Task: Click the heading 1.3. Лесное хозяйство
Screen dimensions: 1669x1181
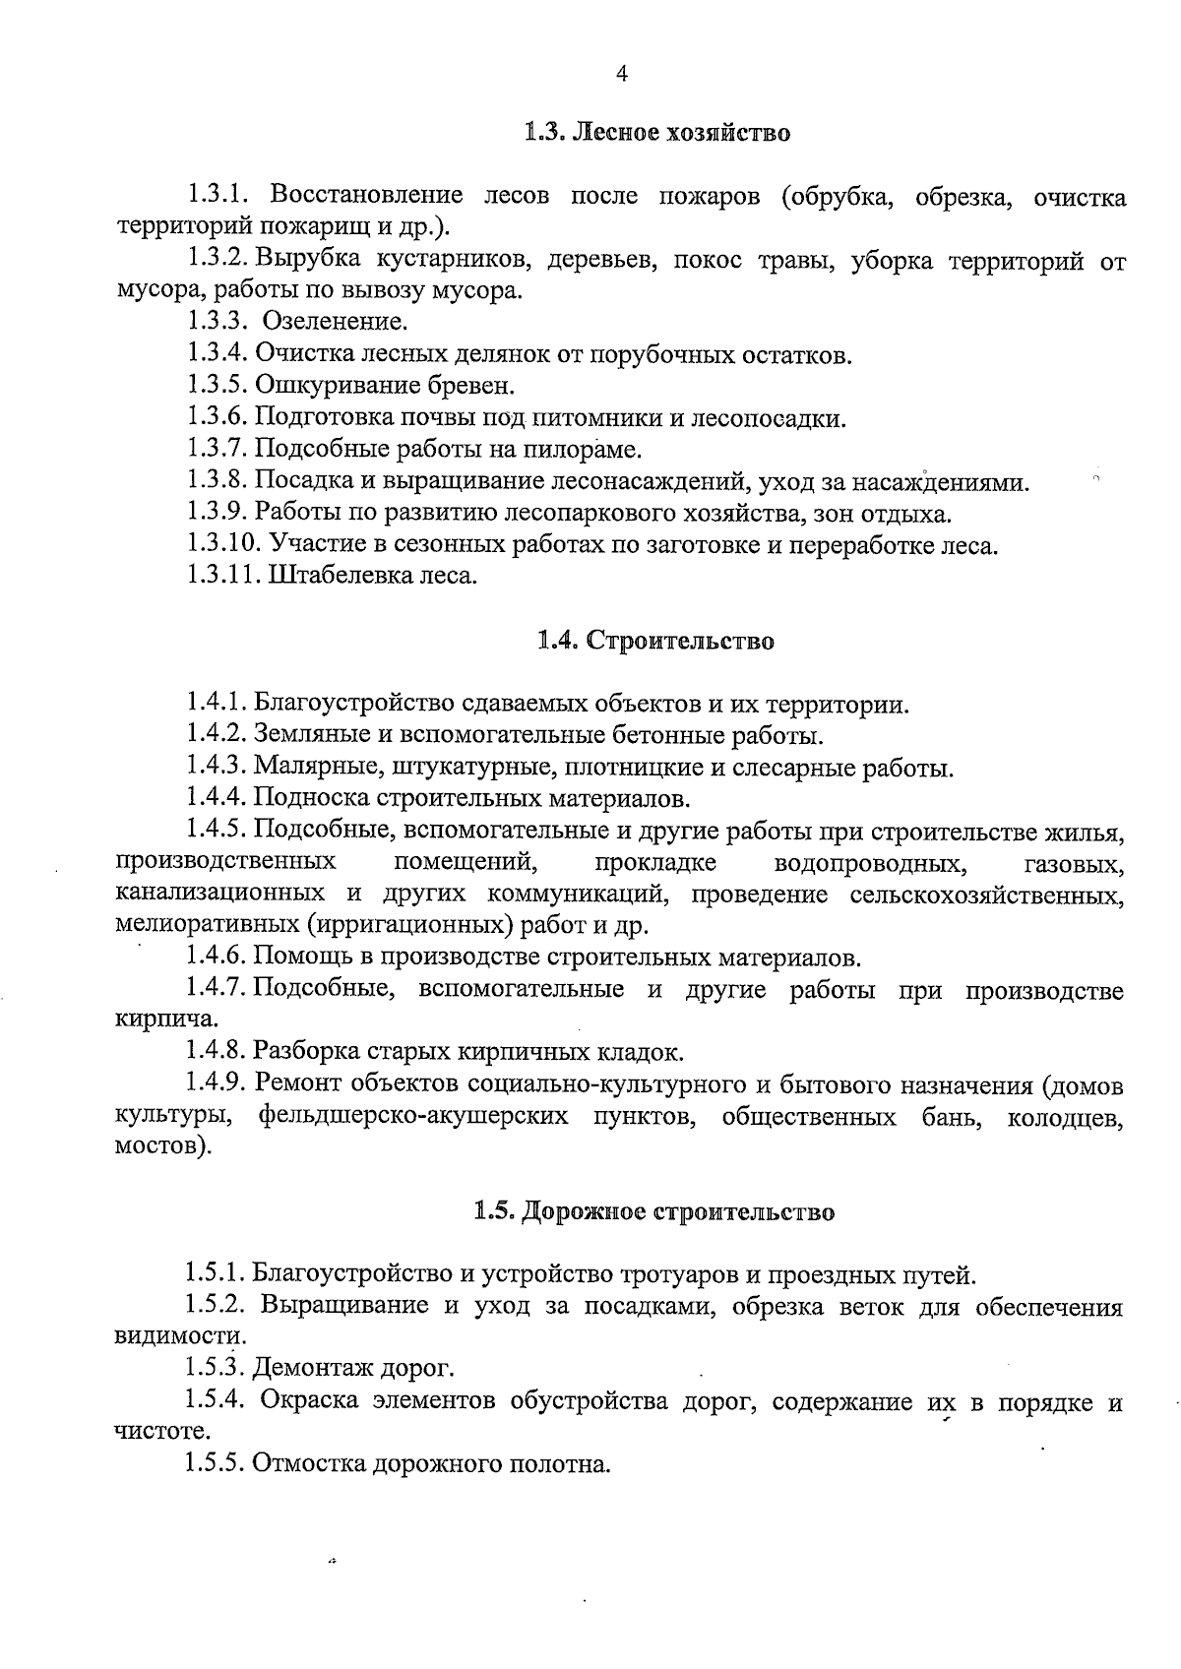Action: click(656, 132)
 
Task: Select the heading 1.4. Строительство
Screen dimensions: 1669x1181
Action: click(655, 641)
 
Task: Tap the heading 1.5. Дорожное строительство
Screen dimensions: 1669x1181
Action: click(654, 1211)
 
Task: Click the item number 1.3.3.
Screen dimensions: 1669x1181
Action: click(216, 322)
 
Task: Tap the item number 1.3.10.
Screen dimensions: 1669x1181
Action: click(222, 544)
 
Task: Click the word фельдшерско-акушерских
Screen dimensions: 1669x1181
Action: click(414, 1117)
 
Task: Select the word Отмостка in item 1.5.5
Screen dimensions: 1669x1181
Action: click(310, 1463)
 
